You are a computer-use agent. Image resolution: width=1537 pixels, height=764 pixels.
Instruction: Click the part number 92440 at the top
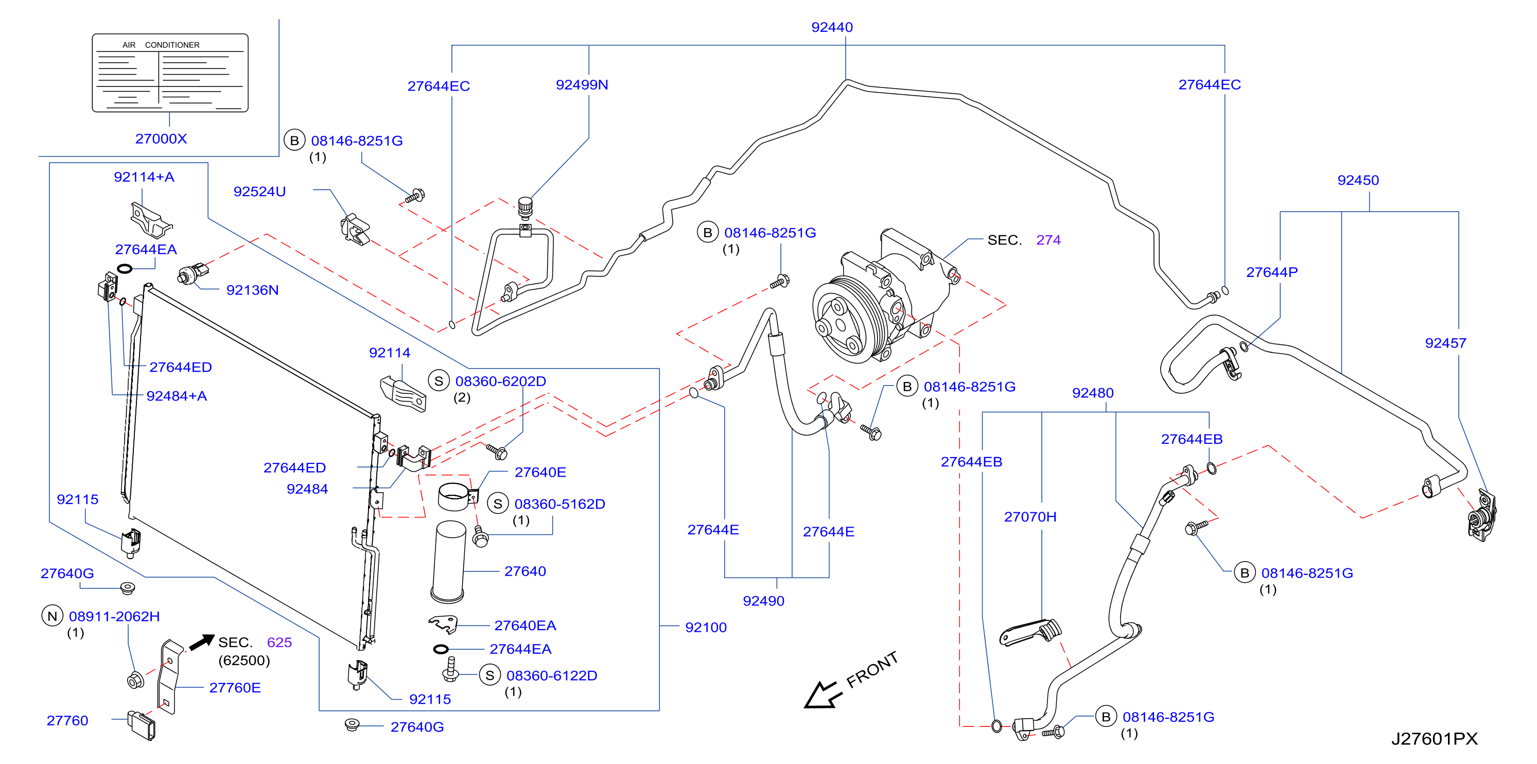click(x=832, y=27)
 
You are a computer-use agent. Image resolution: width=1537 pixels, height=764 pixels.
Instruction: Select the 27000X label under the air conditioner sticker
click(x=161, y=138)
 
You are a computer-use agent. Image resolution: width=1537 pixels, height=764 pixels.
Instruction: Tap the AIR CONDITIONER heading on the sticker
click(x=161, y=45)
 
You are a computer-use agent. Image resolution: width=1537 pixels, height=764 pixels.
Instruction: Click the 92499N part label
click(x=582, y=85)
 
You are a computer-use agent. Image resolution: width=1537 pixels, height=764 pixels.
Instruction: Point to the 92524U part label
click(x=259, y=192)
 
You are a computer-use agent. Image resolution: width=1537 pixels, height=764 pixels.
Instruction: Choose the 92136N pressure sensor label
click(x=252, y=290)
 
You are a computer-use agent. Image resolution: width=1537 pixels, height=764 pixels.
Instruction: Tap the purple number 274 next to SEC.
click(x=1049, y=240)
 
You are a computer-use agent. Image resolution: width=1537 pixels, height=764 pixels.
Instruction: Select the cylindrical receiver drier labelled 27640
click(x=449, y=561)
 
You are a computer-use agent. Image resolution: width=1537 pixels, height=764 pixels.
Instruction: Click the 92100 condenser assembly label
click(x=706, y=628)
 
